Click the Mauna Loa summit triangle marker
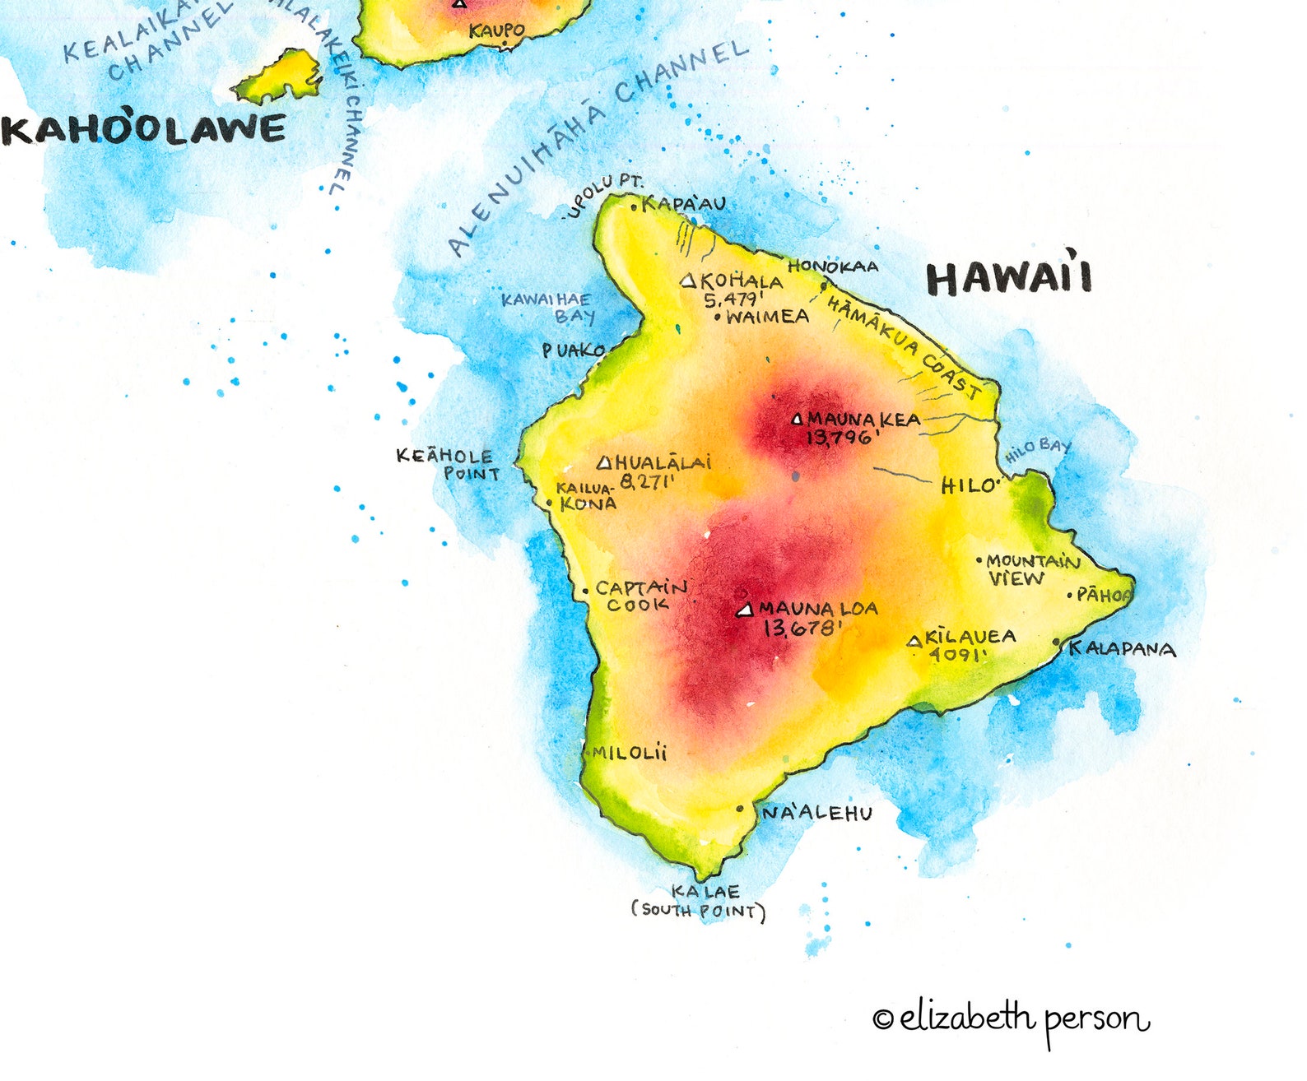(x=745, y=610)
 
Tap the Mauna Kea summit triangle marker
(x=797, y=420)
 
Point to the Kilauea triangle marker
(x=914, y=641)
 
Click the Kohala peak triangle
(x=689, y=281)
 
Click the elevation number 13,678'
(x=802, y=629)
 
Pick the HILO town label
(x=969, y=486)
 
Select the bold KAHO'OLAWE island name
(x=144, y=130)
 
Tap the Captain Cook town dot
(x=585, y=591)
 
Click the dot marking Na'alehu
(x=740, y=810)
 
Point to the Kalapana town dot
(x=1057, y=643)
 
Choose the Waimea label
(x=767, y=317)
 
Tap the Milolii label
(x=630, y=753)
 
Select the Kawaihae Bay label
(x=547, y=308)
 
